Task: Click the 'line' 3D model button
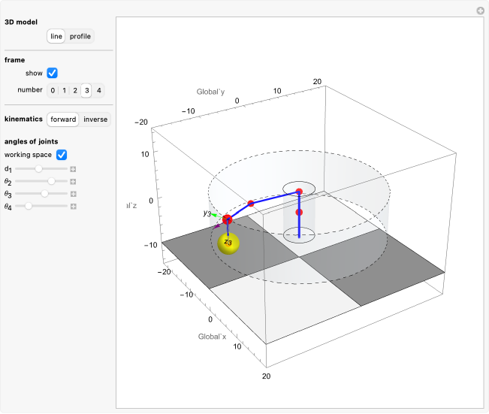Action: (56, 36)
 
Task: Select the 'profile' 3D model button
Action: (80, 36)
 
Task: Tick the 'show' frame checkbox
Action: (52, 74)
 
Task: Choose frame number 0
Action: (53, 91)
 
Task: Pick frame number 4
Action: (98, 91)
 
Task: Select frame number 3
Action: (87, 91)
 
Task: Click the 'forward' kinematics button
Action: (63, 119)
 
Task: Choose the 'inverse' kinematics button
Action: (95, 119)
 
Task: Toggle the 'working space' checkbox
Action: (62, 155)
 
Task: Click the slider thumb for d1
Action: (39, 169)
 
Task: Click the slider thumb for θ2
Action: (51, 181)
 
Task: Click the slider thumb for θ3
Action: (44, 193)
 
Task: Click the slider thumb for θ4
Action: (29, 205)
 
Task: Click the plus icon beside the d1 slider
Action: (73, 169)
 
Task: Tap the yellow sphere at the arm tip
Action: (228, 243)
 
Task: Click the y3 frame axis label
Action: (207, 213)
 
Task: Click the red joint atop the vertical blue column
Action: (299, 192)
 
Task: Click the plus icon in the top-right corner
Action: (481, 11)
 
